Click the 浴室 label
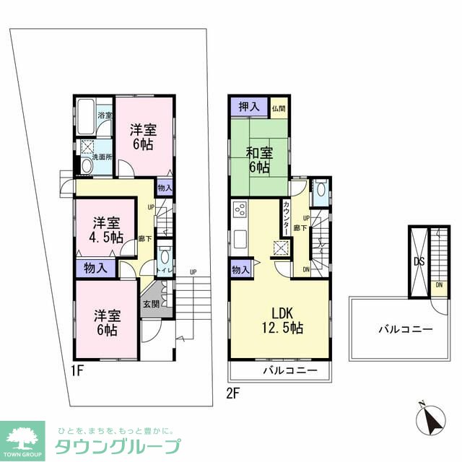tap(105, 115)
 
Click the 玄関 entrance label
tap(150, 304)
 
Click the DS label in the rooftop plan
tap(418, 262)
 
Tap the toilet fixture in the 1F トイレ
tap(165, 258)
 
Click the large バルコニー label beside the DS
tap(405, 329)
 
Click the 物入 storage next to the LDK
tap(240, 270)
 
